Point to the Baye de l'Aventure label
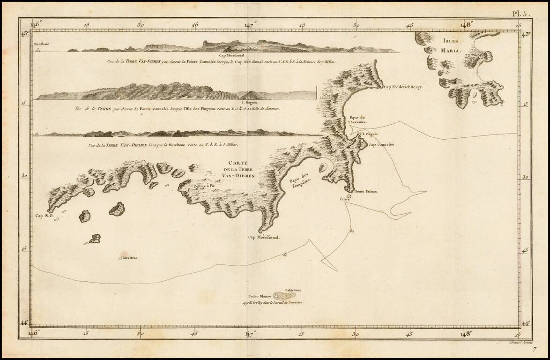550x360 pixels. click(357, 119)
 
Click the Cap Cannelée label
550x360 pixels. click(382, 145)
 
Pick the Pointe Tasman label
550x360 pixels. click(366, 191)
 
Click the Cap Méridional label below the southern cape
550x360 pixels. click(264, 238)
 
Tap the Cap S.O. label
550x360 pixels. click(45, 216)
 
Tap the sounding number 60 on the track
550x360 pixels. click(285, 255)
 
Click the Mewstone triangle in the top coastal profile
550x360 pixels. click(38, 49)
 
